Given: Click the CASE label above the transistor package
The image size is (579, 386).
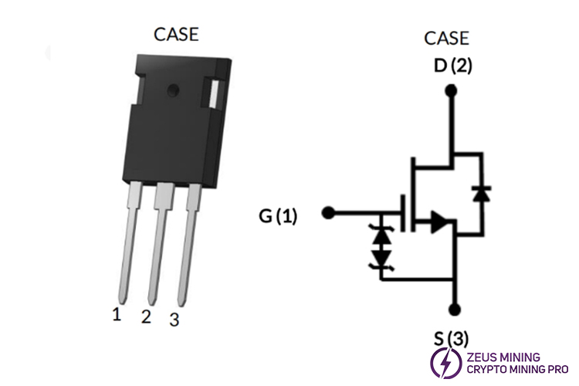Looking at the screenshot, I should tap(176, 35).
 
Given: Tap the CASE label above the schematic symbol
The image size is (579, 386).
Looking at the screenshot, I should tap(446, 39).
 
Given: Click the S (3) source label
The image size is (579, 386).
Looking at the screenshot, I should tap(452, 337).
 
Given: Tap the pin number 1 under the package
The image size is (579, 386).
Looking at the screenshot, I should tap(117, 313).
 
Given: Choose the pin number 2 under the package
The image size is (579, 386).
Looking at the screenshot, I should tap(146, 317).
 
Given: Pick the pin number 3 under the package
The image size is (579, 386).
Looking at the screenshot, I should tap(174, 319).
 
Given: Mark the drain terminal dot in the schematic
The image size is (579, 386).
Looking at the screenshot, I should tap(452, 91).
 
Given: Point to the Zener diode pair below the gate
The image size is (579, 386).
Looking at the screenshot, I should tap(381, 245).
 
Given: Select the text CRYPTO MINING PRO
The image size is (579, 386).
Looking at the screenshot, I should tap(514, 371).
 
